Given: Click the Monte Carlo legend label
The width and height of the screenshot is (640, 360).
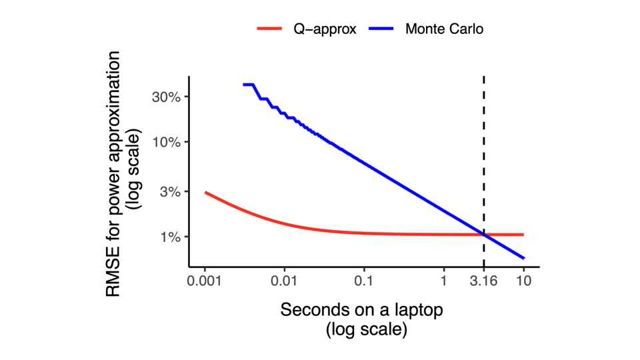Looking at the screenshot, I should [444, 29].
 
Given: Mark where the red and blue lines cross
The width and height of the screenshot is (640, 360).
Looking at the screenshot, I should [484, 235].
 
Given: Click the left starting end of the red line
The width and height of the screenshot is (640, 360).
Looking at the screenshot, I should [205, 193].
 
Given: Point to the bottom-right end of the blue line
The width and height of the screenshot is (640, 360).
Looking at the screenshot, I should [524, 258].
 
